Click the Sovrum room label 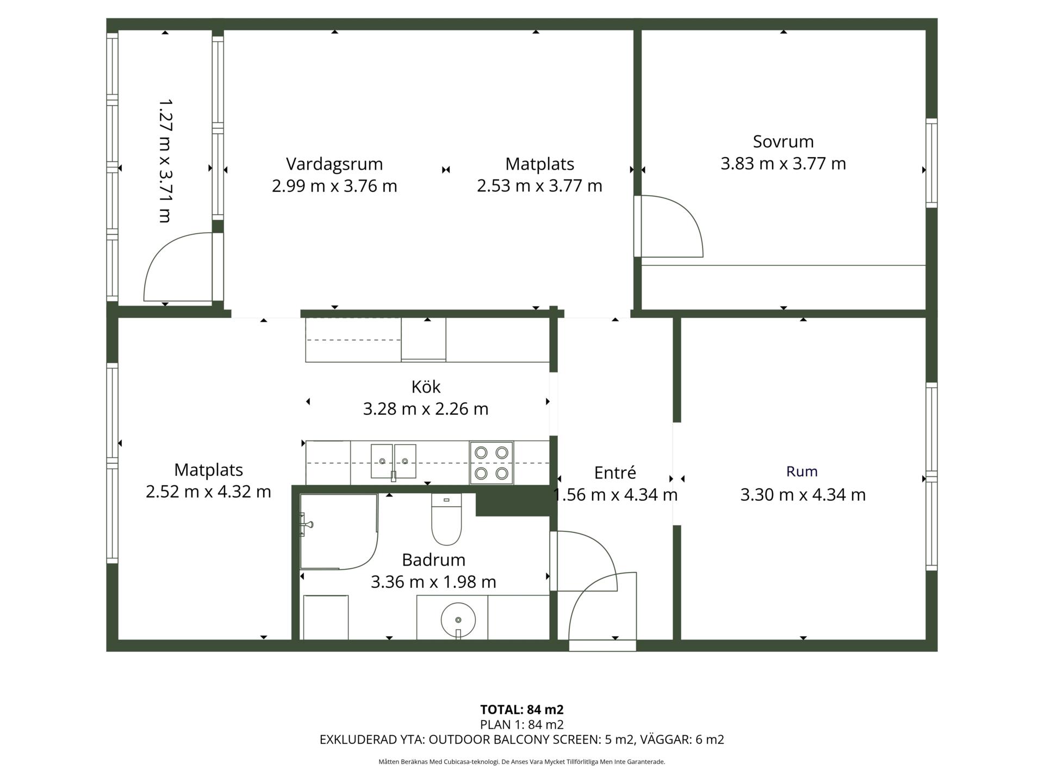783,141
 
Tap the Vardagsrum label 334,164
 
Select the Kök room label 426,387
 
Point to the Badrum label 433,560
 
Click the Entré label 615,473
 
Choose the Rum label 802,471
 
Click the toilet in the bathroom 446,519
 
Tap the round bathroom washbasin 458,620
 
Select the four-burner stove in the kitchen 492,463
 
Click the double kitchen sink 394,461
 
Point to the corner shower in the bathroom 339,532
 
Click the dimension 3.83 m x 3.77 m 783,164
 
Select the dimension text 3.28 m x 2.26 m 426,409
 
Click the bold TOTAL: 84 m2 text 522,710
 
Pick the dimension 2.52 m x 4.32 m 208,492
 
